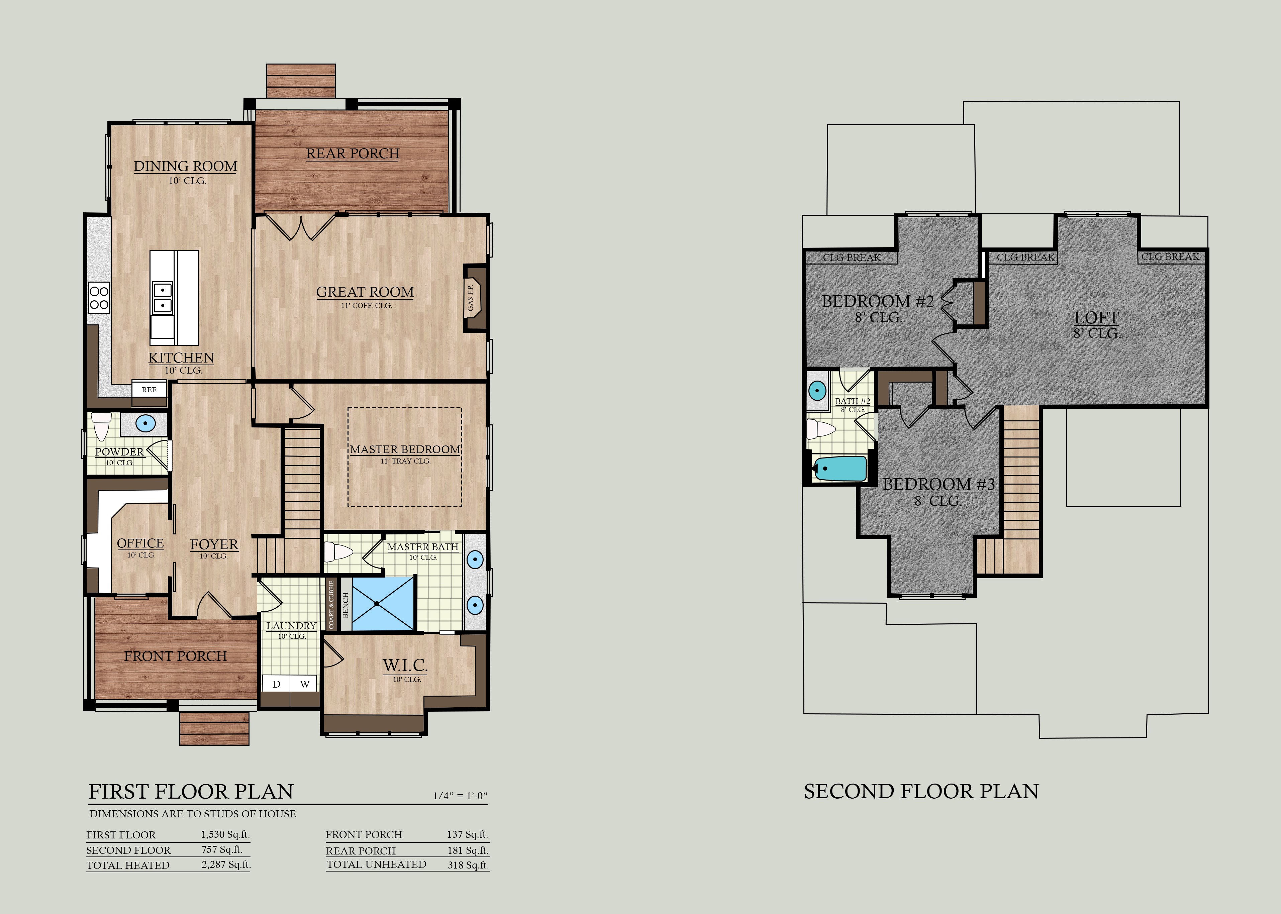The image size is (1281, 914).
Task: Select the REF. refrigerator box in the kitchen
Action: coord(149,390)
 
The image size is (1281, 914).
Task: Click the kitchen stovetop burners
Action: coord(99,298)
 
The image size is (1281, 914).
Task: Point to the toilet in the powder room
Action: coord(102,426)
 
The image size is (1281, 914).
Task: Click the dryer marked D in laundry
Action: coord(276,684)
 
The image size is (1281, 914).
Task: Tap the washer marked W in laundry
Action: coord(304,684)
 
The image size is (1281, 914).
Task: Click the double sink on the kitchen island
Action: coord(162,297)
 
